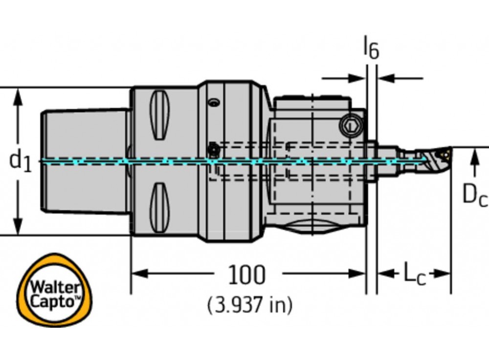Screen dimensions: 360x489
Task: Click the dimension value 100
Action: [247, 275]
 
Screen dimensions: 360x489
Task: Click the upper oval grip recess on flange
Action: [160, 113]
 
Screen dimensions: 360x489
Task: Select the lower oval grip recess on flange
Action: [160, 207]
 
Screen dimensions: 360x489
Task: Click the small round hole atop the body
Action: [213, 103]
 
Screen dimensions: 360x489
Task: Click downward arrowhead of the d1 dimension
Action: [18, 227]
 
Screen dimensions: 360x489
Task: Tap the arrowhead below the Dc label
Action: [473, 158]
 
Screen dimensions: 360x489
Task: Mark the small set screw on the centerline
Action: [213, 148]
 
